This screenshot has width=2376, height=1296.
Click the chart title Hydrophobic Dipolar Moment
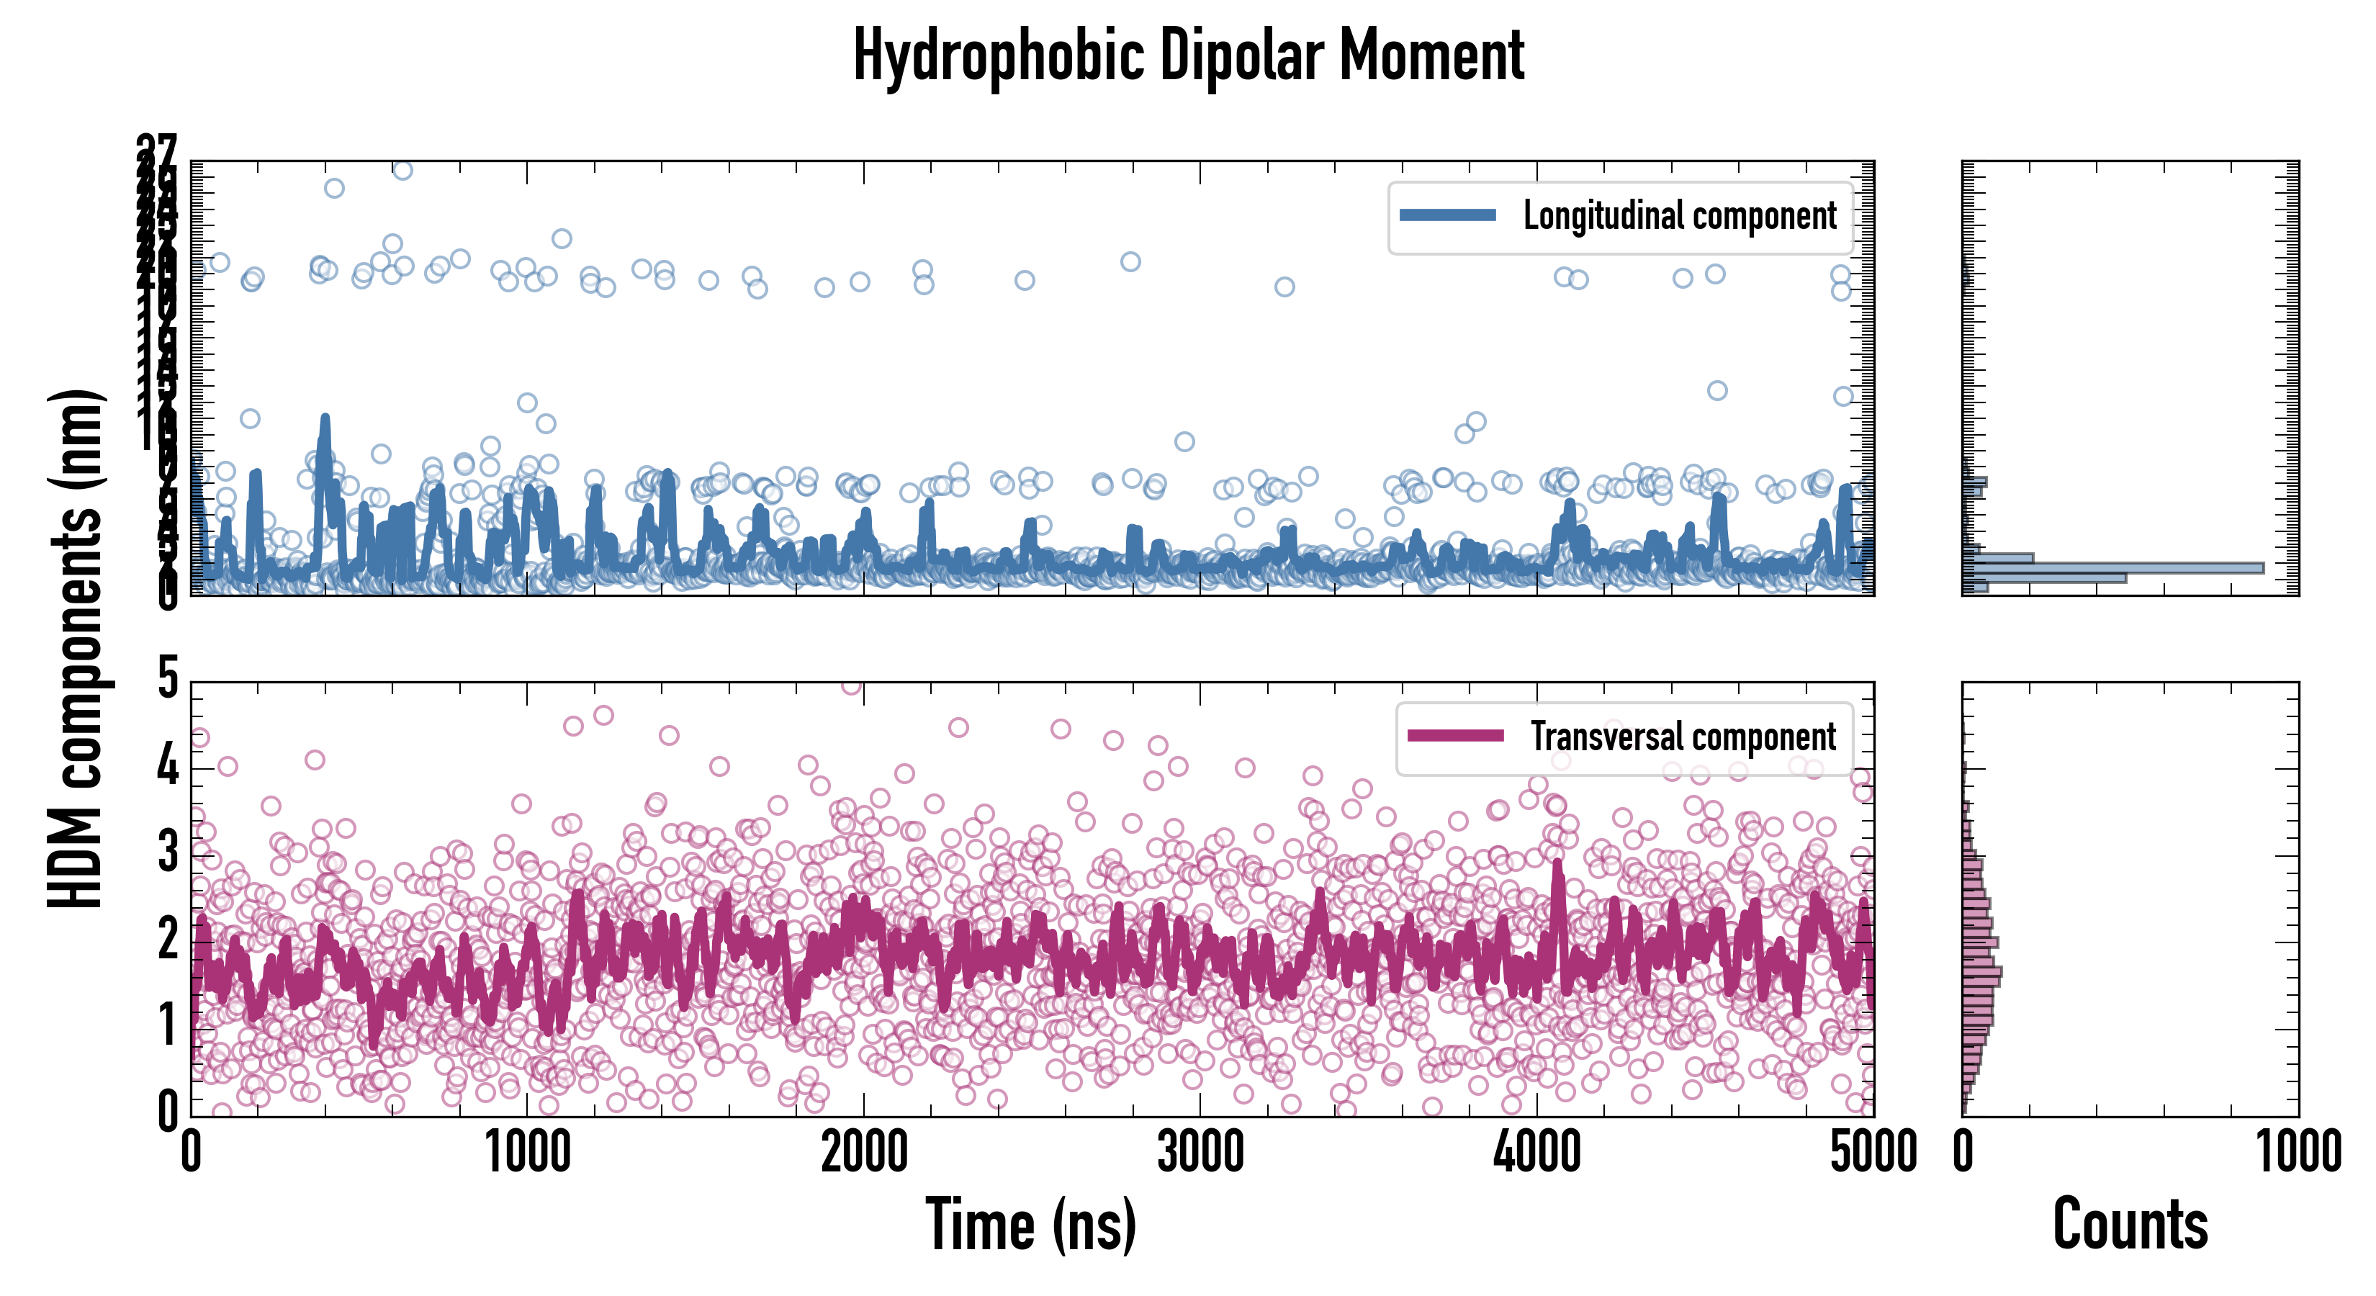click(1188, 55)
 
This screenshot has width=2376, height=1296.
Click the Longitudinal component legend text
click(1680, 216)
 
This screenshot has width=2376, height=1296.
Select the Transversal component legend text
click(1683, 737)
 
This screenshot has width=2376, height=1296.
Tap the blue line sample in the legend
click(1447, 216)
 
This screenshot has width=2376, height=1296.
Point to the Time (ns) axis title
click(1030, 1225)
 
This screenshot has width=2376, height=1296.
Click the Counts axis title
click(2130, 1225)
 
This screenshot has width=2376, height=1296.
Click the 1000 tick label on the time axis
click(528, 1153)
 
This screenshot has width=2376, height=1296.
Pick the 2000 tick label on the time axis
click(864, 1153)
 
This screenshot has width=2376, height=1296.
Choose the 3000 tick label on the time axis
click(1200, 1153)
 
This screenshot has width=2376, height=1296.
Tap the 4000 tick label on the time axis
click(1536, 1153)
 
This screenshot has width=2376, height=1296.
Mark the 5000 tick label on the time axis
click(1873, 1153)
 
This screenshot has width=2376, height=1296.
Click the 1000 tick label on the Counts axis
click(2298, 1153)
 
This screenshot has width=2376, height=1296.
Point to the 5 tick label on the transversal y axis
click(167, 680)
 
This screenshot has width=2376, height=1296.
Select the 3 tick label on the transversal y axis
click(167, 853)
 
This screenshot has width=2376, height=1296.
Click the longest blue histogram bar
click(2112, 567)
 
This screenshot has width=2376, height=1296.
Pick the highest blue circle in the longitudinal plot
click(402, 171)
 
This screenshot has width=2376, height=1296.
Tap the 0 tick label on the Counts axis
click(1963, 1153)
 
